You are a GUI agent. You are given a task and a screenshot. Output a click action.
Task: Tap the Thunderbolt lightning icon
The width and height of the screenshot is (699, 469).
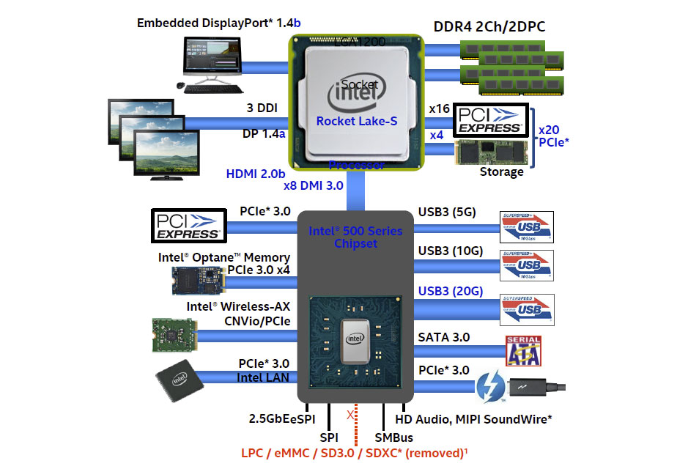[x=492, y=387]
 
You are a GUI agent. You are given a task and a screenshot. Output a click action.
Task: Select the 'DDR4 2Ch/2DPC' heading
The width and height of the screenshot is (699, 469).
[x=489, y=27]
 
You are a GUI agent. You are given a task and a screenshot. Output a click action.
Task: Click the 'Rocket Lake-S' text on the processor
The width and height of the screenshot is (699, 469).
[x=357, y=120]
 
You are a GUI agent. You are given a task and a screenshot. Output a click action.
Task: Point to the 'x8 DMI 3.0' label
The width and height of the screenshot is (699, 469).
[x=314, y=185]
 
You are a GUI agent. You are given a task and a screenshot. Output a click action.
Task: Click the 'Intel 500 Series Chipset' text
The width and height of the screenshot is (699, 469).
[x=355, y=237]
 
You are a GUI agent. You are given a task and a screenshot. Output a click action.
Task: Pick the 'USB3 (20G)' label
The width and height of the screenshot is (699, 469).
[x=450, y=291]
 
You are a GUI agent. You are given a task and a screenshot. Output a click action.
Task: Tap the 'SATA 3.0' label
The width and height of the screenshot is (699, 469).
[x=443, y=337]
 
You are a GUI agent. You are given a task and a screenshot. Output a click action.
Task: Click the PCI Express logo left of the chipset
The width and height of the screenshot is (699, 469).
[x=188, y=226]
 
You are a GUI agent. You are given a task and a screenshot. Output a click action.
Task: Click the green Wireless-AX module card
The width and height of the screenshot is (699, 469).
[x=177, y=335]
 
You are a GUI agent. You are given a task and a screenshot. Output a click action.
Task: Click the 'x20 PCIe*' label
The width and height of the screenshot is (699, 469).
[x=554, y=136]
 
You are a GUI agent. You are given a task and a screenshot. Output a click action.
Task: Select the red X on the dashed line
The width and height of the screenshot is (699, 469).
[x=349, y=415]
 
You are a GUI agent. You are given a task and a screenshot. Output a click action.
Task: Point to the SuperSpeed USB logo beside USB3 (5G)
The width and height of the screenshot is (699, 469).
[x=527, y=227]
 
